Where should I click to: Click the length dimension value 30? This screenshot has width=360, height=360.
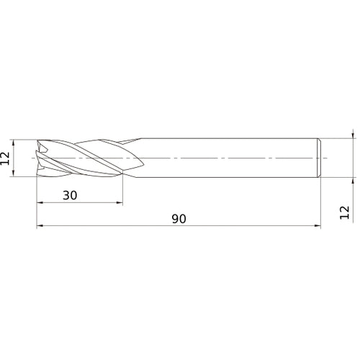click(x=71, y=195)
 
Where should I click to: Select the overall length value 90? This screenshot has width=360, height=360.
click(x=179, y=218)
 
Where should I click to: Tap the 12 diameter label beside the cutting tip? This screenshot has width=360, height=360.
click(x=5, y=157)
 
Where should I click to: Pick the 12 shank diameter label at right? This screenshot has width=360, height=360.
click(x=345, y=211)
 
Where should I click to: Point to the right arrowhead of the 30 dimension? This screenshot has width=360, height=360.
click(x=120, y=203)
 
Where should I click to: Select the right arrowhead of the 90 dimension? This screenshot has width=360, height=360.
click(x=317, y=226)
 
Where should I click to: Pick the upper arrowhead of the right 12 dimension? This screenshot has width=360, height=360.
click(x=353, y=135)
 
